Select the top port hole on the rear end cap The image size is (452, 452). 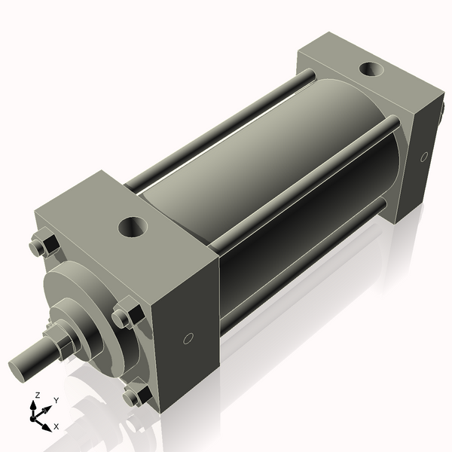click(x=370, y=70)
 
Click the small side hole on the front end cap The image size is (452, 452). click(x=188, y=338)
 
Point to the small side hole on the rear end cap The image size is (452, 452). click(x=424, y=157)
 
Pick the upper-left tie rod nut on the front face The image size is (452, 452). click(x=43, y=246)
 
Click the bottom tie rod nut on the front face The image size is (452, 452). click(x=136, y=395)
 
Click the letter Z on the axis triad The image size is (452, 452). click(x=38, y=395)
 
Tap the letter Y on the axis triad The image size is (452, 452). click(x=56, y=401)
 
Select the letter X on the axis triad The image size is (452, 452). click(x=56, y=426)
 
